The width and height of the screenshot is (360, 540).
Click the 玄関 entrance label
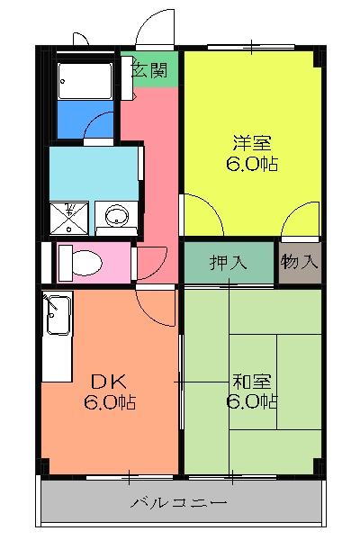click(149, 69)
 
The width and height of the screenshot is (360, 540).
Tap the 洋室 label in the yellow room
click(251, 142)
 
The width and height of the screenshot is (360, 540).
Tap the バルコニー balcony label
click(178, 501)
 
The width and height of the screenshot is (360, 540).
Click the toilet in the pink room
click(82, 262)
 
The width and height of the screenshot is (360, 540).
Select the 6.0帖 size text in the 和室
click(251, 402)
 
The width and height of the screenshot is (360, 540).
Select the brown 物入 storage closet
click(299, 263)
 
